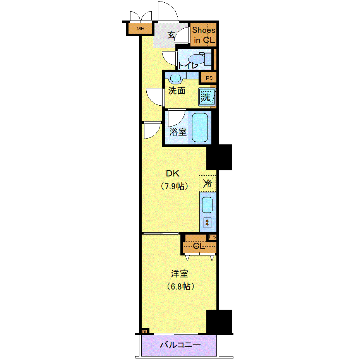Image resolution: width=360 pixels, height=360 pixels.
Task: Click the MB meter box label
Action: (140, 29)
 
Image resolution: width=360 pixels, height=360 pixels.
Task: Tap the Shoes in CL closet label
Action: (204, 35)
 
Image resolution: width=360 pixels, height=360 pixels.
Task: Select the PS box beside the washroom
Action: (209, 78)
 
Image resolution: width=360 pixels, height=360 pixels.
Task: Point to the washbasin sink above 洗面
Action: (175, 79)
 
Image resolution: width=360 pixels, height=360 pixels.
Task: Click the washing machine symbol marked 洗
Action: (207, 97)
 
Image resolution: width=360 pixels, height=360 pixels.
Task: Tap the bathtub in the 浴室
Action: (200, 127)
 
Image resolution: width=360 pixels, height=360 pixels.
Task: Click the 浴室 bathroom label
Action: (178, 132)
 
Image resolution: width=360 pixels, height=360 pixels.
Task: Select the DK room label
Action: (173, 173)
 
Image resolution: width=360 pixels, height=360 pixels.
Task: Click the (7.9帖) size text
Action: (175, 186)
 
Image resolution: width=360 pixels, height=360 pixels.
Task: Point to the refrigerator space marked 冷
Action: (207, 183)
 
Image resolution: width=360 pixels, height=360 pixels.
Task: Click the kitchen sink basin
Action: (207, 205)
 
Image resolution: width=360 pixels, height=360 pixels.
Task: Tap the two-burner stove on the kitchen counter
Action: (207, 223)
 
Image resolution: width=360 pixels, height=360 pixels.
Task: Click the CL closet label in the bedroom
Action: (199, 246)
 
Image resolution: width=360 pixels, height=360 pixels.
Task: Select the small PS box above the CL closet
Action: (213, 237)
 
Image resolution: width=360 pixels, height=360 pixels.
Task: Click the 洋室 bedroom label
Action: (180, 274)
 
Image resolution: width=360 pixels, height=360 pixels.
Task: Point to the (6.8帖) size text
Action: (181, 286)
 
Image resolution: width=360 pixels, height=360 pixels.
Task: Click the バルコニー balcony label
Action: (180, 345)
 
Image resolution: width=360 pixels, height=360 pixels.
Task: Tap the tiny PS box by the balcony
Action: (144, 331)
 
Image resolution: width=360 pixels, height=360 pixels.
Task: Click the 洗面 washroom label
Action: (177, 91)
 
